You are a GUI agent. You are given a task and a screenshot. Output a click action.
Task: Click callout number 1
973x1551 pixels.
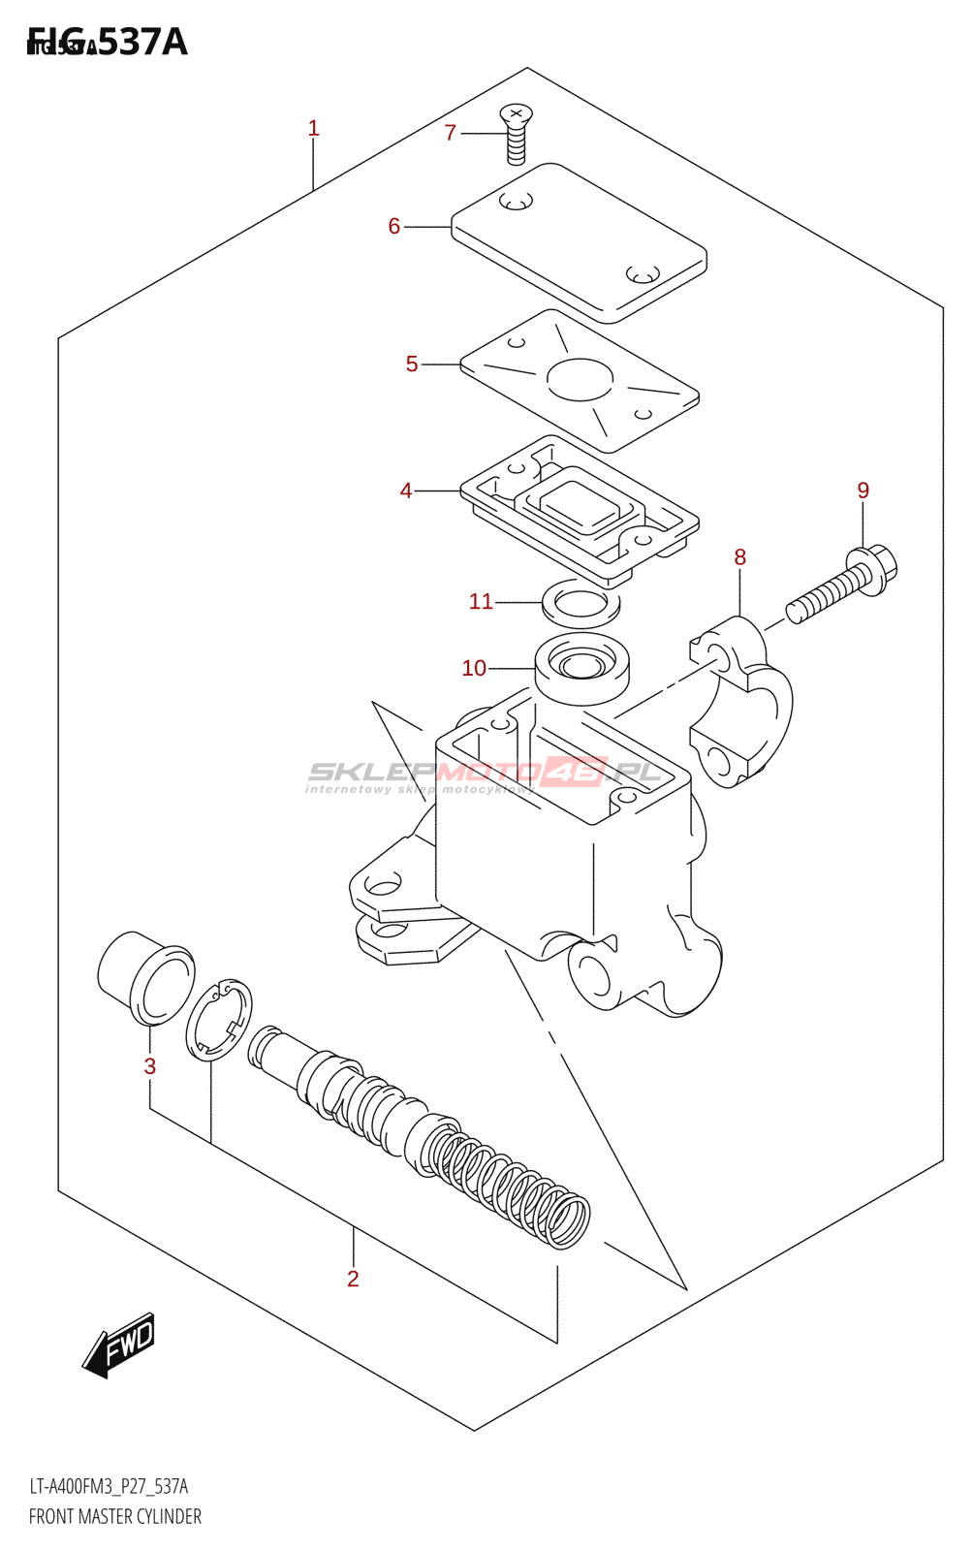coord(313,128)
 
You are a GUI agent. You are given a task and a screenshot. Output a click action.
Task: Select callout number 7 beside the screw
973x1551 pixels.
coord(450,133)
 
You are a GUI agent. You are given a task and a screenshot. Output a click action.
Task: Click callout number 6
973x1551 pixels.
coord(393,226)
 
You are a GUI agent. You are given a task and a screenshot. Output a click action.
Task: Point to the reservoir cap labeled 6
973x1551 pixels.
coord(580,242)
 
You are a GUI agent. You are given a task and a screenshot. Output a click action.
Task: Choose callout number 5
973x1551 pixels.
coord(412,364)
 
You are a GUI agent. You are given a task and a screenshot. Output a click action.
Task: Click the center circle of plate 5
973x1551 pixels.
coord(580,379)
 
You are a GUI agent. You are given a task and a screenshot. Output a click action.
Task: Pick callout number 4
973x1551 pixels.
coord(406,491)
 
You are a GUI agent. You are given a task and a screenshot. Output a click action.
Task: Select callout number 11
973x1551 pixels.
coord(481,601)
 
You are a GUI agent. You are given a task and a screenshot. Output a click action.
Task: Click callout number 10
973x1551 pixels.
coord(474,668)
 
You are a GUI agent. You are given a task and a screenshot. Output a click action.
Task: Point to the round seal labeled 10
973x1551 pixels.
coord(581,668)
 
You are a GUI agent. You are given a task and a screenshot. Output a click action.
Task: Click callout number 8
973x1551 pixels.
coord(740,556)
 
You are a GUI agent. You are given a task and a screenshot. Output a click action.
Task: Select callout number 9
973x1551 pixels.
coord(863,491)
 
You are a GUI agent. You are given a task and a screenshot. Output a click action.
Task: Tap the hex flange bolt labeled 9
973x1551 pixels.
coord(843,586)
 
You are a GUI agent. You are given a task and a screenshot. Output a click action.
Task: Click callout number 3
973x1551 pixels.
coord(150,1066)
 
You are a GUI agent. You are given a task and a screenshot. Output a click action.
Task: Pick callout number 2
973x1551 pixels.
coord(353,1279)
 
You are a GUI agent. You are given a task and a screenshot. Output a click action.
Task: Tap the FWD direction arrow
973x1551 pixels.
coord(119,1345)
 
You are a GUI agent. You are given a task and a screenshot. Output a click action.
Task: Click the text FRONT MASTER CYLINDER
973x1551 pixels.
coord(115,1516)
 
